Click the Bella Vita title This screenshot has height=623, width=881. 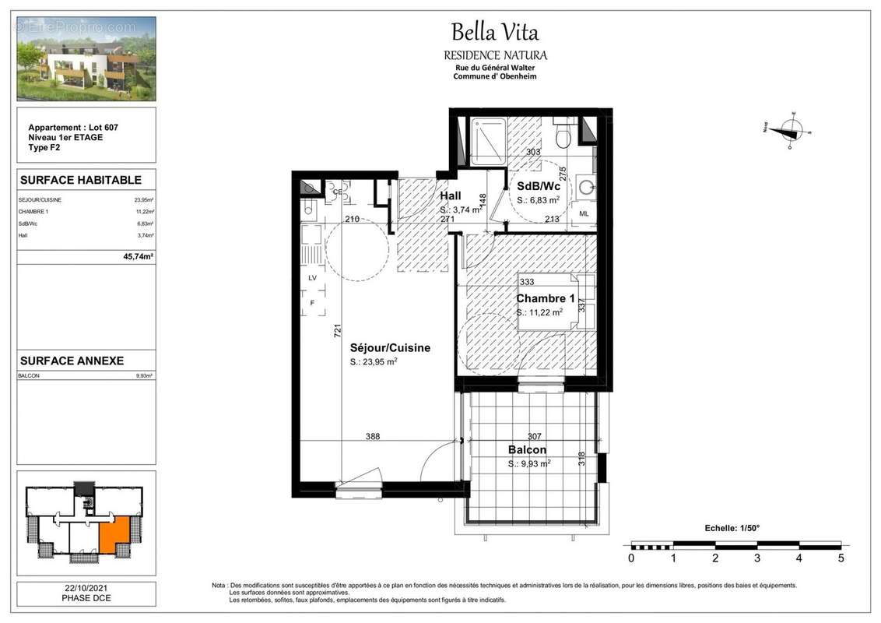pos(494,33)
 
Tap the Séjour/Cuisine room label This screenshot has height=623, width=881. pos(390,348)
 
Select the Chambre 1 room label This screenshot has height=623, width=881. pos(546,299)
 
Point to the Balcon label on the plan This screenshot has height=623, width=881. pos(527,449)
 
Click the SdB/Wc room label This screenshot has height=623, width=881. pos(539,187)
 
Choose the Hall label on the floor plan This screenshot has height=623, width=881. pos(451,197)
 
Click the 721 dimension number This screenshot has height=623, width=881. pos(337,330)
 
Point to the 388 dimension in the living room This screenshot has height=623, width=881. pos(373,437)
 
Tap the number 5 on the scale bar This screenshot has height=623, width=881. pos(841,558)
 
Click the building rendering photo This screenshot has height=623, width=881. pos(86,58)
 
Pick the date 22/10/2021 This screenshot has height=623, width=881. pos(86,589)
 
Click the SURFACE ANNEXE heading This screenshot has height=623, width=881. pos(72,361)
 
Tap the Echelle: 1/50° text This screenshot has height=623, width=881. pos(732,528)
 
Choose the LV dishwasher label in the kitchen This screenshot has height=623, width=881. pos(313,277)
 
